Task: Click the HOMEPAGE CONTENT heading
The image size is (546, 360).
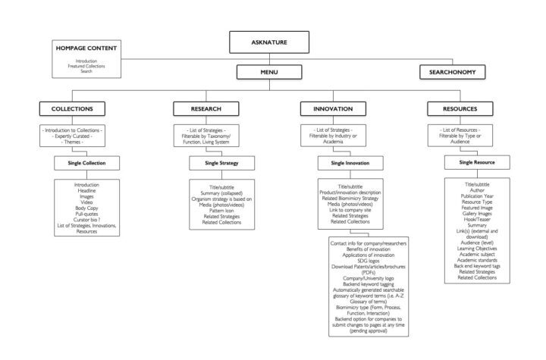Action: pos(86,48)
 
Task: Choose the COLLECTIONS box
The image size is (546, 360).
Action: pos(73,108)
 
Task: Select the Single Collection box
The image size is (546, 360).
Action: pos(85,163)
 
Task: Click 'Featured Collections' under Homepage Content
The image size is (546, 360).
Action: pos(86,66)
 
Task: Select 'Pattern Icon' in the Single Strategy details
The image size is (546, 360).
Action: pos(221,210)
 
